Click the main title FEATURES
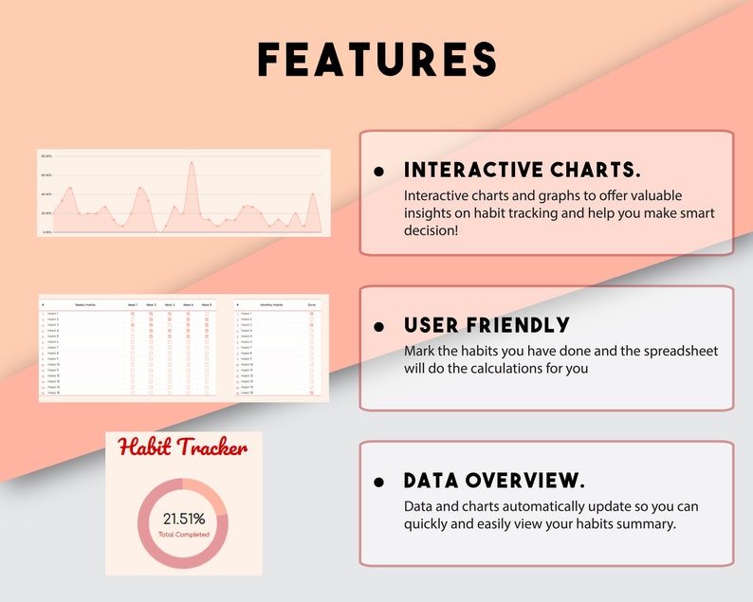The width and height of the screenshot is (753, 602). (x=377, y=60)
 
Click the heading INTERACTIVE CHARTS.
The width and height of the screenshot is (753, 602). (x=523, y=171)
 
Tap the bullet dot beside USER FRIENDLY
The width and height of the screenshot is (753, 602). (x=379, y=326)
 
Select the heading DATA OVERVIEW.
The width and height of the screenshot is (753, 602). (x=494, y=480)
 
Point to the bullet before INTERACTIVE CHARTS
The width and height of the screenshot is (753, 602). (x=379, y=172)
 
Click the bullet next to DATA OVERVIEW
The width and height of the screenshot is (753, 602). (x=379, y=481)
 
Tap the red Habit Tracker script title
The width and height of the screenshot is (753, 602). (x=183, y=447)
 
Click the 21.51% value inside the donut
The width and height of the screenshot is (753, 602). (x=183, y=519)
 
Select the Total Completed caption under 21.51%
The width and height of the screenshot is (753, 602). (x=183, y=535)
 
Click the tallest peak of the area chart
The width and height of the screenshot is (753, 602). (x=192, y=163)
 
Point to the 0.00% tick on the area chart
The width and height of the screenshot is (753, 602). (x=46, y=232)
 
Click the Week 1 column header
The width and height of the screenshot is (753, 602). (x=133, y=304)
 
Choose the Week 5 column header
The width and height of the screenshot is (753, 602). (x=206, y=304)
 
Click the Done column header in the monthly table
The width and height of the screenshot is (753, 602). (x=311, y=304)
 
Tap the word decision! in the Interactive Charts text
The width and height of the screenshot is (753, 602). (x=431, y=230)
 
